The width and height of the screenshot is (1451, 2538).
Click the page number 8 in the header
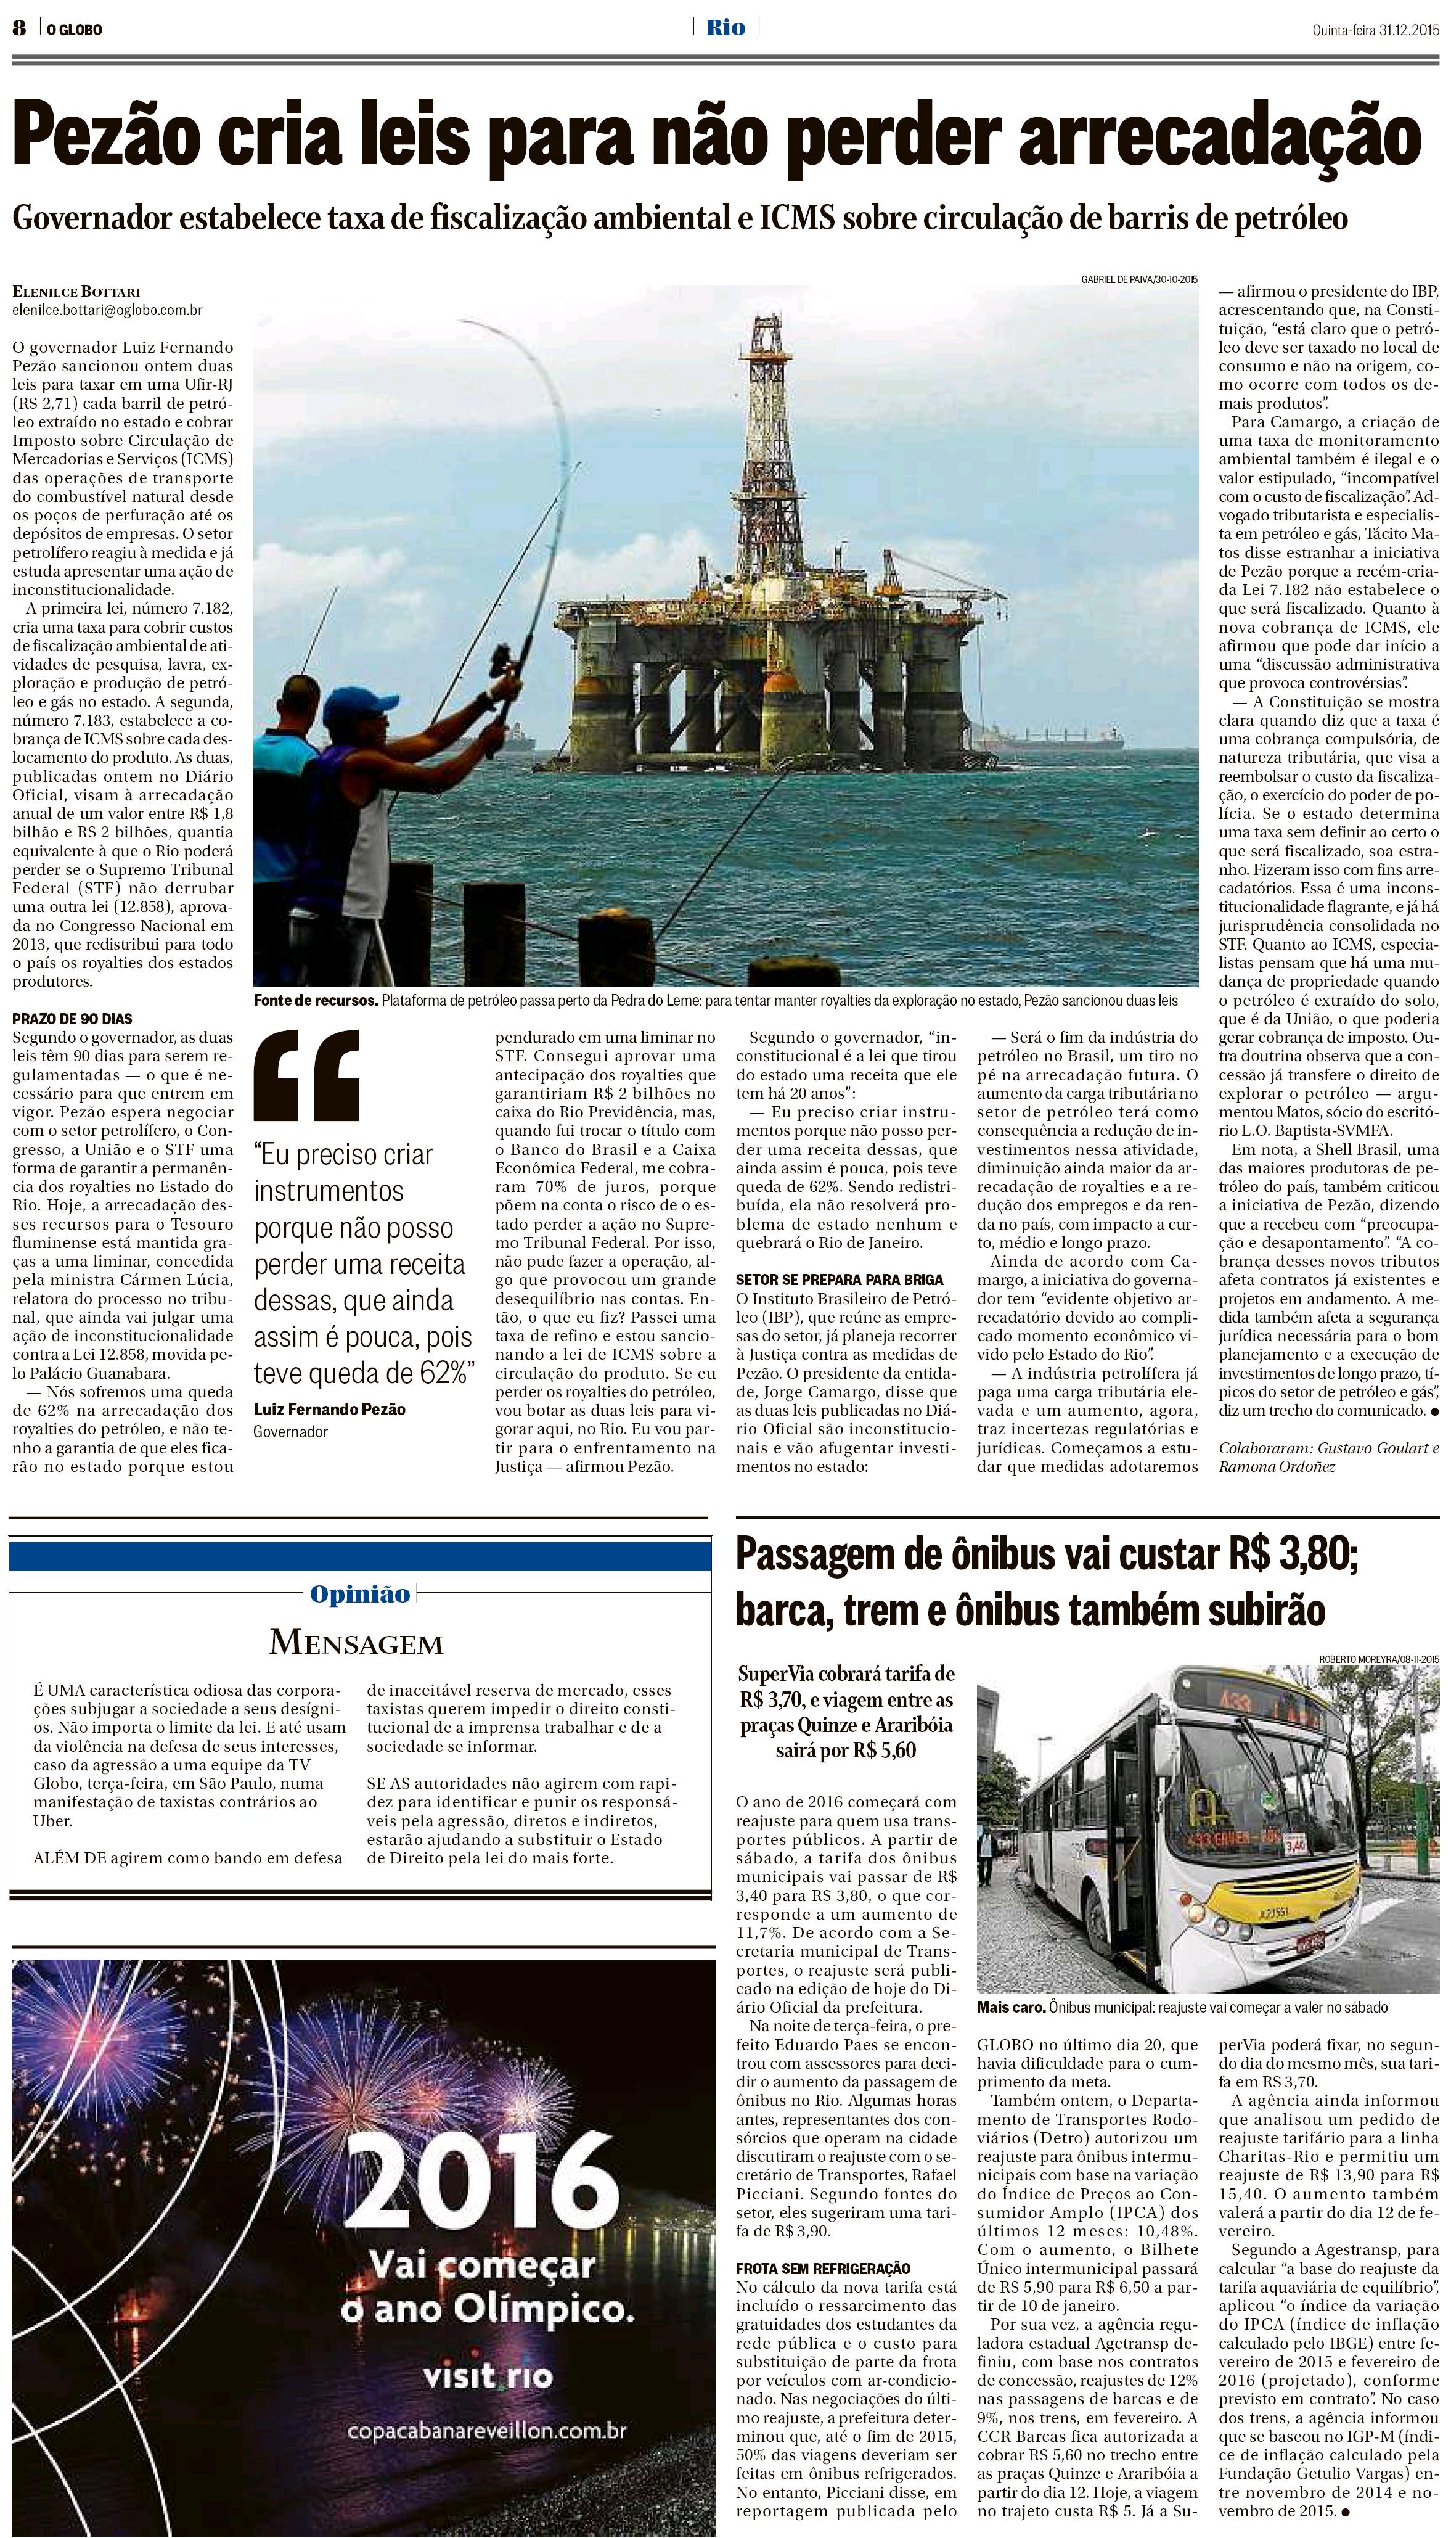(x=18, y=29)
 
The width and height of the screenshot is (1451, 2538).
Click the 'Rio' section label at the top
(x=726, y=28)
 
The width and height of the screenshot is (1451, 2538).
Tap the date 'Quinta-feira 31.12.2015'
(x=1375, y=29)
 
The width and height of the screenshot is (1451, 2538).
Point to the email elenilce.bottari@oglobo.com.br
(x=108, y=310)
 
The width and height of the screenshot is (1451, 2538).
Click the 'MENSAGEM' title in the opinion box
(x=356, y=1642)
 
